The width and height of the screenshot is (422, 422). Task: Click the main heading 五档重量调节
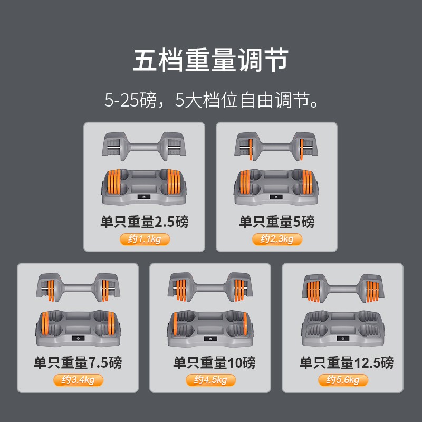[x=210, y=60]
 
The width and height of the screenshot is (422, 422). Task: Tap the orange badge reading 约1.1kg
[x=145, y=239]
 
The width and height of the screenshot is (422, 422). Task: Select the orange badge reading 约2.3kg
[x=277, y=239]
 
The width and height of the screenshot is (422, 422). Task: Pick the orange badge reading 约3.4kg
[x=78, y=380]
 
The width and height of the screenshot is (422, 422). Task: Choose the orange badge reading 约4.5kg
[x=210, y=380]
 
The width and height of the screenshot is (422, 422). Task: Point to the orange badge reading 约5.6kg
[x=343, y=380]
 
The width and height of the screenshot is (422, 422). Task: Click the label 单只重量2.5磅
[x=145, y=222]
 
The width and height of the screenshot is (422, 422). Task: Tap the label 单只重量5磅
[x=277, y=222]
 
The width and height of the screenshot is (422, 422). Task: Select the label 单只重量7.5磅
[x=78, y=362]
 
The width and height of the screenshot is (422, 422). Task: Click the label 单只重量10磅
[x=214, y=362]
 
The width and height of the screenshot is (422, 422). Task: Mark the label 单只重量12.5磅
[x=347, y=362]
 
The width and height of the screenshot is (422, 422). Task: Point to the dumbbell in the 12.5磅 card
[x=343, y=288]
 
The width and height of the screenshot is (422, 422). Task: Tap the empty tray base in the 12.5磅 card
[x=343, y=328]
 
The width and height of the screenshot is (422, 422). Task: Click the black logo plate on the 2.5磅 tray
[x=144, y=197]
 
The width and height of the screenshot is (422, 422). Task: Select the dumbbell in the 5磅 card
[x=276, y=147]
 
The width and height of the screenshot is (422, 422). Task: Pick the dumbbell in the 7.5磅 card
[x=78, y=287]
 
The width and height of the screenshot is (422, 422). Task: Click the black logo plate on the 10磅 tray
[x=210, y=339]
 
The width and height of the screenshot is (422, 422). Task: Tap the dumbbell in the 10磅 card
[x=210, y=287]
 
